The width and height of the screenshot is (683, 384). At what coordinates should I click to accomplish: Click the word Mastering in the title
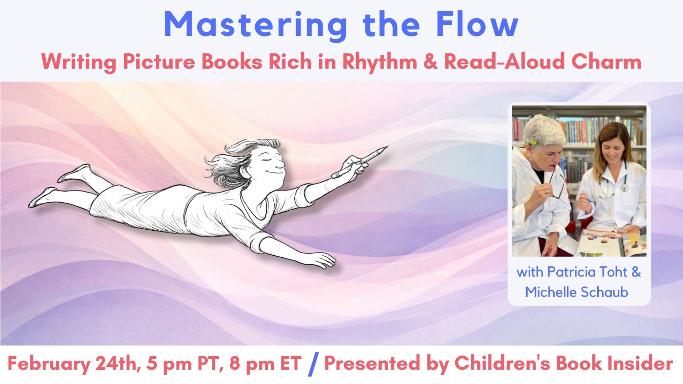tap(256, 25)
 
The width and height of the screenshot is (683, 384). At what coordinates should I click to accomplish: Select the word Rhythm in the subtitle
tap(380, 62)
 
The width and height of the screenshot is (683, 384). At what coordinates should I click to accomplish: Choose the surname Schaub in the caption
tap(604, 292)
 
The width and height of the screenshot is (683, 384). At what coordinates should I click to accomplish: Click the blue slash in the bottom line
tap(313, 364)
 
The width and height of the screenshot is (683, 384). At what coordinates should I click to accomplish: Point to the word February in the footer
tap(49, 364)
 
